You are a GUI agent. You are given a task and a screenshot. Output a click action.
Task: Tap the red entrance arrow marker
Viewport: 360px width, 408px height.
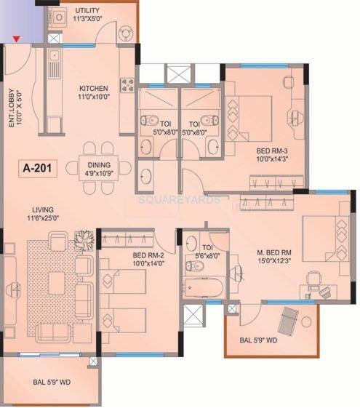pyautogui.click(x=17, y=38)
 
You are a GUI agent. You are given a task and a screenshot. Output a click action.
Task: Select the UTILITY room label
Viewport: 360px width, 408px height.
pyautogui.click(x=89, y=11)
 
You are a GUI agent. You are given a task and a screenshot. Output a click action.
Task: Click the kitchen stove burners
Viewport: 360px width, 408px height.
pyautogui.click(x=127, y=84)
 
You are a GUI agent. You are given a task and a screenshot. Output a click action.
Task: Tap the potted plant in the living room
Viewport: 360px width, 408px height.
pyautogui.click(x=84, y=239)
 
